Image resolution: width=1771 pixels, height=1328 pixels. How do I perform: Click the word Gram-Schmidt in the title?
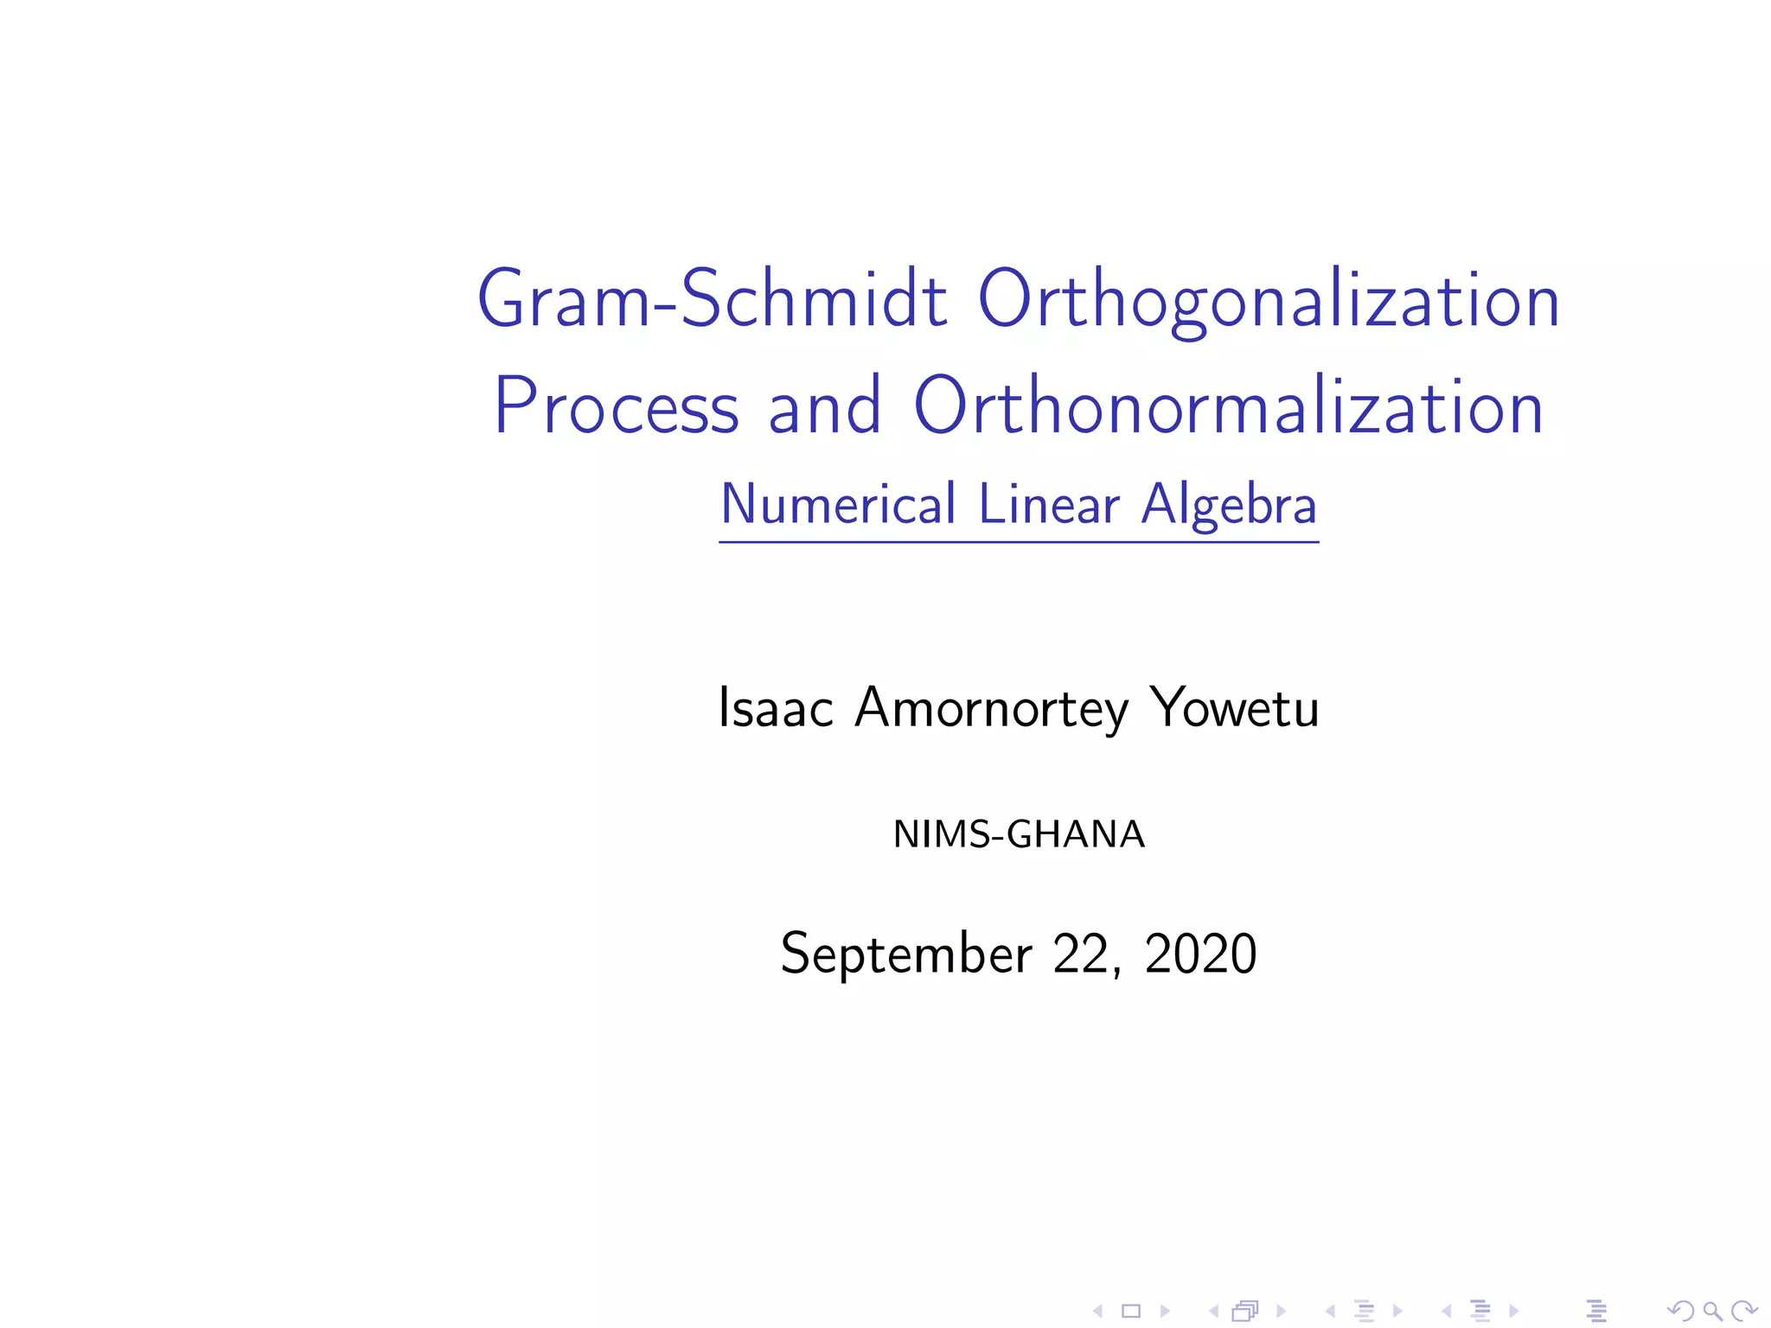coord(712,299)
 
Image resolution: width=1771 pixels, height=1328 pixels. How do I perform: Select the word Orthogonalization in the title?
coord(1269,299)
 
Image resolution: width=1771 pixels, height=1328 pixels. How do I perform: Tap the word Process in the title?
coord(616,406)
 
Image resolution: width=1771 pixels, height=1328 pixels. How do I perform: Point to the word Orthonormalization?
coord(1228,406)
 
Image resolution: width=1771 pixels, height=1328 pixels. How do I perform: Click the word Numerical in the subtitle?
coord(838,504)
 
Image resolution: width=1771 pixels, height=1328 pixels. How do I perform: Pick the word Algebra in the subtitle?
coord(1229,504)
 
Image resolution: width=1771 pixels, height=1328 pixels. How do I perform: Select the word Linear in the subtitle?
coord(1049,504)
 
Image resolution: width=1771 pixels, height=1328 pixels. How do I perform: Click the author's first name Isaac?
coord(776,708)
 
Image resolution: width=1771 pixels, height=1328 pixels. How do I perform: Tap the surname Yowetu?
coord(1235,708)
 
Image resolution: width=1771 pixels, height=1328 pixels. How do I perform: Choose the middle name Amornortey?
coord(992,708)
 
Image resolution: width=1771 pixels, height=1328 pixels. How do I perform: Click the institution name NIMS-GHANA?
coord(1019,834)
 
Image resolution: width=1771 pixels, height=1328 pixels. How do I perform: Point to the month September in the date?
coord(906,954)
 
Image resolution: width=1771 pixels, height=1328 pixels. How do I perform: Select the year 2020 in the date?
coord(1200,954)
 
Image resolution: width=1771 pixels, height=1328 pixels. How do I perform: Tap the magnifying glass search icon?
coord(1712,1312)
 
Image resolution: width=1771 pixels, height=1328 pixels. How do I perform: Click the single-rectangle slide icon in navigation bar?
coord(1131,1312)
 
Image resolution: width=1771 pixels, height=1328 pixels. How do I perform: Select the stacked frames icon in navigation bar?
coord(1245,1312)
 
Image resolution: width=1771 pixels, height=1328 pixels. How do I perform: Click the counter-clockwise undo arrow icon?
coord(1680,1312)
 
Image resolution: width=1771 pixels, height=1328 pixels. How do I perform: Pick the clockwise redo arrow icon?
coord(1744,1312)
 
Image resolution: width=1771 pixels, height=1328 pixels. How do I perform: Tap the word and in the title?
coord(824,406)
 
